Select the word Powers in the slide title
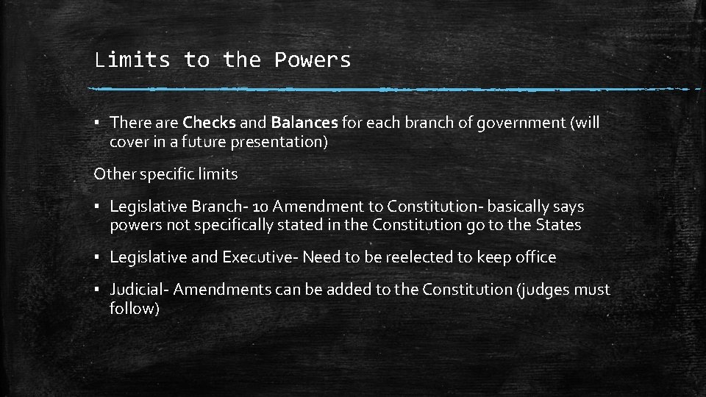(x=313, y=60)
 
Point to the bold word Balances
(x=304, y=122)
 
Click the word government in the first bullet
(x=520, y=122)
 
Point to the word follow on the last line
(x=133, y=309)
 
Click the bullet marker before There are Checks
(x=99, y=124)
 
